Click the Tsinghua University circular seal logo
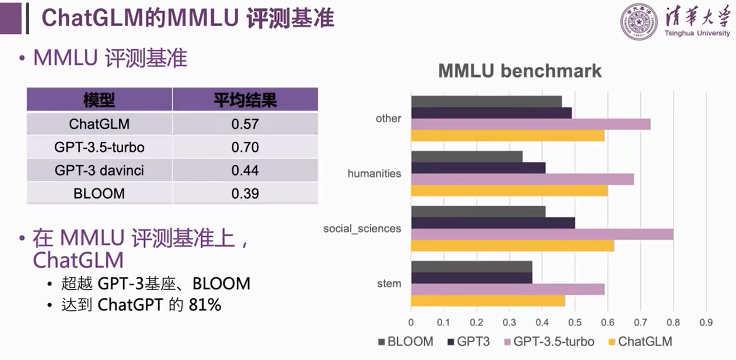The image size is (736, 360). (x=638, y=22)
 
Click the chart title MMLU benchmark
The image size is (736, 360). (x=520, y=71)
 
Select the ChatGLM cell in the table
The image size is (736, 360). (x=99, y=124)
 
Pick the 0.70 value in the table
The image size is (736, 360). (x=245, y=147)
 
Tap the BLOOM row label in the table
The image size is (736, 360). (x=99, y=194)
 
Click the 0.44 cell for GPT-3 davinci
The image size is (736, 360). (x=245, y=170)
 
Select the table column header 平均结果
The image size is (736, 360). (x=245, y=100)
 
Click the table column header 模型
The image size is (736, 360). (x=99, y=100)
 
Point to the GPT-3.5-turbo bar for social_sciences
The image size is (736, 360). (x=542, y=234)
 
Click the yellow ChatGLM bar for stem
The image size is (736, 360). (x=488, y=300)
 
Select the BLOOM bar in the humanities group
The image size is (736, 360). (x=466, y=157)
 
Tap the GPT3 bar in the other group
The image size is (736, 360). (x=491, y=113)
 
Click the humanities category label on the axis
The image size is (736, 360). (x=374, y=174)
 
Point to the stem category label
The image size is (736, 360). (x=389, y=283)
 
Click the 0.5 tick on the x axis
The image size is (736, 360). (x=575, y=323)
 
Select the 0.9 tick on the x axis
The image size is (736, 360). (x=706, y=323)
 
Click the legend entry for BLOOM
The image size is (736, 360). (x=406, y=342)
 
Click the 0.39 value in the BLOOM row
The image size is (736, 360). (x=245, y=194)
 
